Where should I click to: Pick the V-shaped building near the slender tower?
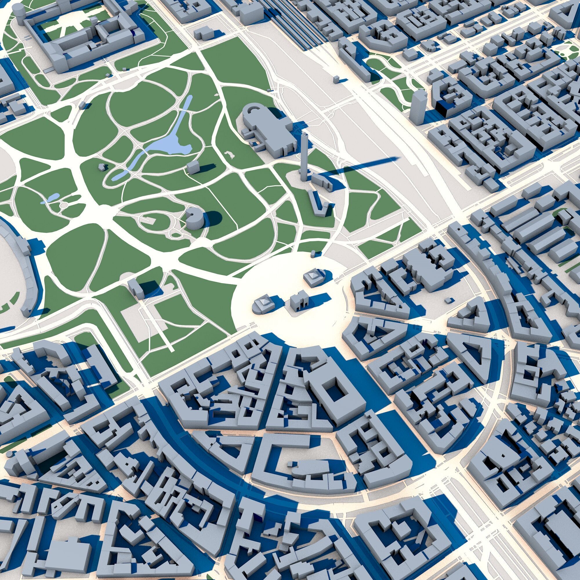317,204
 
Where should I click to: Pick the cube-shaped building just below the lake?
193,167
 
